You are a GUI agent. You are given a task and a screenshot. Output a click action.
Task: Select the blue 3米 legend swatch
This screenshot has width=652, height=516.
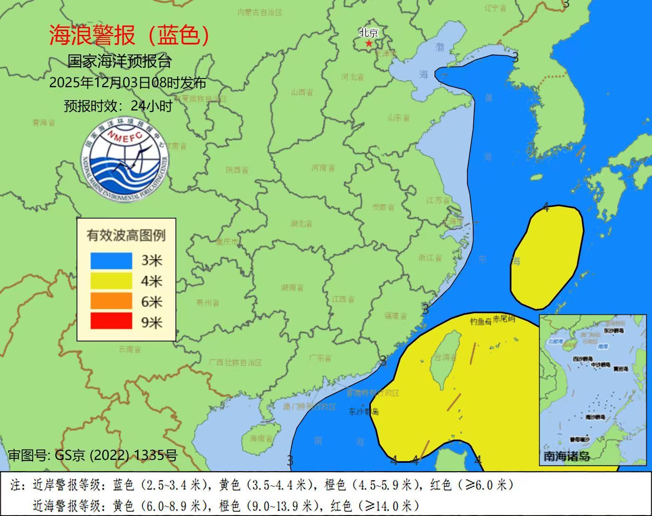tap(111, 261)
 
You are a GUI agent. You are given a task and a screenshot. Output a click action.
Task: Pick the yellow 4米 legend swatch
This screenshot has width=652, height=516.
tap(111, 281)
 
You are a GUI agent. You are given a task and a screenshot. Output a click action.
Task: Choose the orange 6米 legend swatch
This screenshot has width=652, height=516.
tap(111, 301)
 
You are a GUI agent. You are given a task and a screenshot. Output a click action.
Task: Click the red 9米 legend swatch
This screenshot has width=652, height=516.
tap(111, 321)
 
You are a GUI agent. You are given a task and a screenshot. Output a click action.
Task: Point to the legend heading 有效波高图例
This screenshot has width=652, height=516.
tap(126, 235)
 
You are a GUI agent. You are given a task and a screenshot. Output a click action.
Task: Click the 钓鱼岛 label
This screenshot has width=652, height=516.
tap(481, 321)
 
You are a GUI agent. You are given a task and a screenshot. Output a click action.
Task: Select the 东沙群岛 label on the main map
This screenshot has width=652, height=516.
tap(363, 412)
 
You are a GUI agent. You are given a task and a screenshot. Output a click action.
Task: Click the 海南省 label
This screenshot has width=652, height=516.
tap(262, 438)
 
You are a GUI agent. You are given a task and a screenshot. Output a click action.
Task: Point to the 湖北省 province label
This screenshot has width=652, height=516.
tap(301, 224)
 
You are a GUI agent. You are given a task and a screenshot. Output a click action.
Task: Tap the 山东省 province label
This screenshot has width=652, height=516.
tap(398, 118)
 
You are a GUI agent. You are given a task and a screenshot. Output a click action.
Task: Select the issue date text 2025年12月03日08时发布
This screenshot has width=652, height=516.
tap(128, 83)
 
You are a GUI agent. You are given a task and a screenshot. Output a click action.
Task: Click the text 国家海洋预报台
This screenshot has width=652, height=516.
tap(120, 61)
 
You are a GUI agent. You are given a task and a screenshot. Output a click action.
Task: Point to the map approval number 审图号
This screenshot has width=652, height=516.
tap(93, 455)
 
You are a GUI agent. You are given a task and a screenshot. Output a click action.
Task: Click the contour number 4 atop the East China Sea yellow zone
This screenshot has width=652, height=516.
tap(546, 208)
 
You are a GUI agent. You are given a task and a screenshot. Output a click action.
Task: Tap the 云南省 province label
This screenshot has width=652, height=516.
tap(129, 349)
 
